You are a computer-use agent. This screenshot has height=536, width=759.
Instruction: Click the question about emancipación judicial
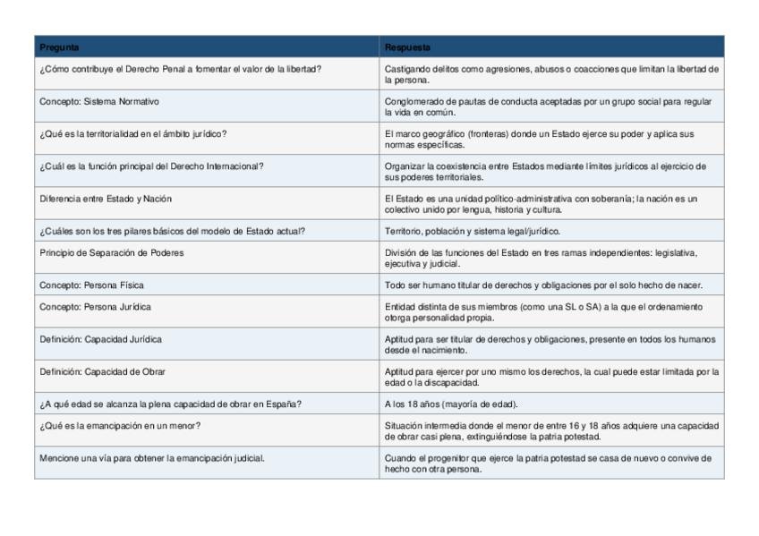point(151,457)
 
